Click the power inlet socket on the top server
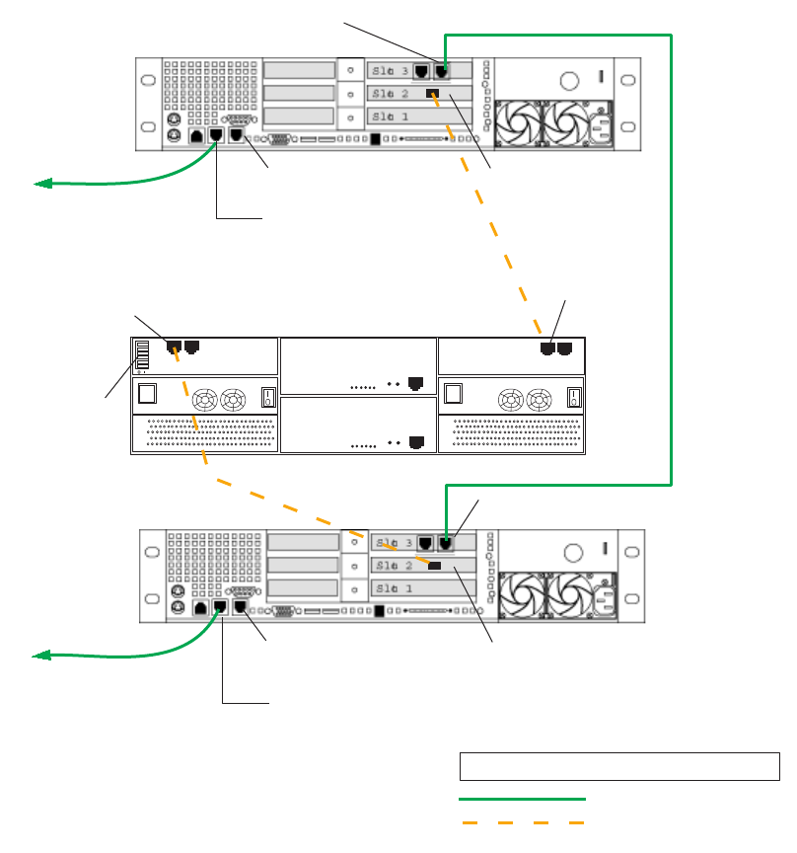coord(600,122)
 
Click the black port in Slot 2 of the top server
coord(432,94)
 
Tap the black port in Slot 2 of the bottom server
coord(435,565)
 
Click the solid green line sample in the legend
coord(522,798)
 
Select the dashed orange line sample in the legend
coord(522,821)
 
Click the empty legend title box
coord(619,766)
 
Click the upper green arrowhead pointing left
coord(41,184)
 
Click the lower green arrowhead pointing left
coord(41,655)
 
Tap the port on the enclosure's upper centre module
coord(415,381)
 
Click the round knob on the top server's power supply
coord(568,81)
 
